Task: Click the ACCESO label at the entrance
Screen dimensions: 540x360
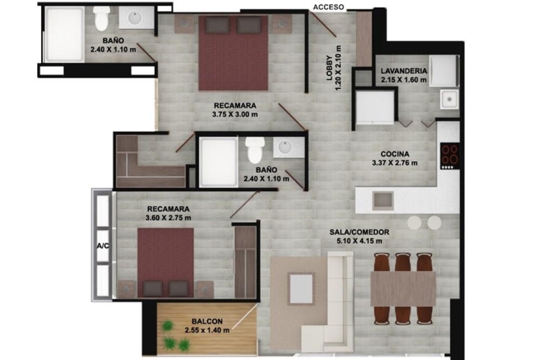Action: [329, 7]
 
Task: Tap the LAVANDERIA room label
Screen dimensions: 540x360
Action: [404, 71]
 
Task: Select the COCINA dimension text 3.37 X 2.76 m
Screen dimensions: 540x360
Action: [395, 163]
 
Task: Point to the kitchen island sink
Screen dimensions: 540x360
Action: [383, 201]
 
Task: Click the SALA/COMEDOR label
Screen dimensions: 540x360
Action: [359, 232]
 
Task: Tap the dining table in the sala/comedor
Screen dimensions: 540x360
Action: [403, 288]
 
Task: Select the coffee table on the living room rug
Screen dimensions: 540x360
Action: [301, 288]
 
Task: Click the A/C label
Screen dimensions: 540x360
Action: [103, 246]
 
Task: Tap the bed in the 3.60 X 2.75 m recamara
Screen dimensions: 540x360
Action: [166, 263]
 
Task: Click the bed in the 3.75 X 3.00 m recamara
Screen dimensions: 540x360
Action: [233, 53]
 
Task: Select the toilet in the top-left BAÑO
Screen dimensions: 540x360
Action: [101, 18]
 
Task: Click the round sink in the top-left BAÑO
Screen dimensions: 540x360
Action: [136, 19]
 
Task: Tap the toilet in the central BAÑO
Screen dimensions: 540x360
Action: [256, 150]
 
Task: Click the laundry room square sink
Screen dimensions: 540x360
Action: [449, 99]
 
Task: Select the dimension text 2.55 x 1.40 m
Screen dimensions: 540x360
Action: [207, 330]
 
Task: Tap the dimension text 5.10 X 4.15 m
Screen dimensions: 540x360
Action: [359, 241]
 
